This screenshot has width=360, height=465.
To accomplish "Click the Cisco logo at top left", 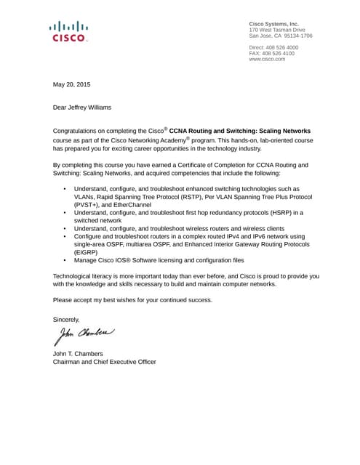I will coord(69,31).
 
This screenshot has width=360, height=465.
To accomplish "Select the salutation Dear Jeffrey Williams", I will coord(82,108).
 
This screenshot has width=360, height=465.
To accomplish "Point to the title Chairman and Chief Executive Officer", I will coord(105,362).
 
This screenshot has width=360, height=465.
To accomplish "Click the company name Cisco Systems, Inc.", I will coord(274,24).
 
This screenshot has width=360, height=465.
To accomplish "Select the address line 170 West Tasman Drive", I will coord(277,30).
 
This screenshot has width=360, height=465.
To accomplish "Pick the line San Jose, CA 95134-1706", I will coord(281,36).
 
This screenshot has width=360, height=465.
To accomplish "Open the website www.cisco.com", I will coord(267,59).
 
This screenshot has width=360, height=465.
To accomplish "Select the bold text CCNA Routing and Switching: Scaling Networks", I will coord(240,130).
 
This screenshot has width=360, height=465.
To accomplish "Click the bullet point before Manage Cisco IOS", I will coord(65,259).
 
